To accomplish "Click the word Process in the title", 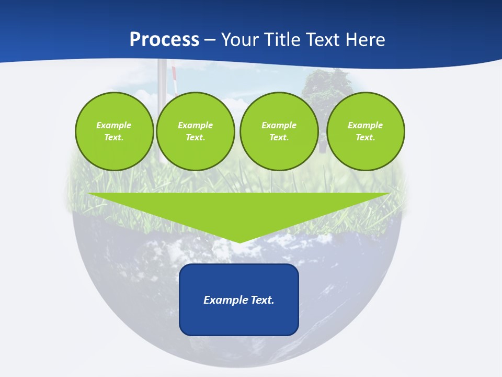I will (164, 40).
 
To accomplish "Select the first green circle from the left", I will (114, 131).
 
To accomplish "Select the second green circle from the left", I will (195, 131).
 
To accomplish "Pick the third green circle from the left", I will (279, 131).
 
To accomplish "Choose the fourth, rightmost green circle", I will (365, 131).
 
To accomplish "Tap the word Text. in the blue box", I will (263, 300).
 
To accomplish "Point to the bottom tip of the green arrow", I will (239, 242).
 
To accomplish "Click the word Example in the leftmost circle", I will (114, 125).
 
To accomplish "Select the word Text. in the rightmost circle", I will (365, 138).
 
